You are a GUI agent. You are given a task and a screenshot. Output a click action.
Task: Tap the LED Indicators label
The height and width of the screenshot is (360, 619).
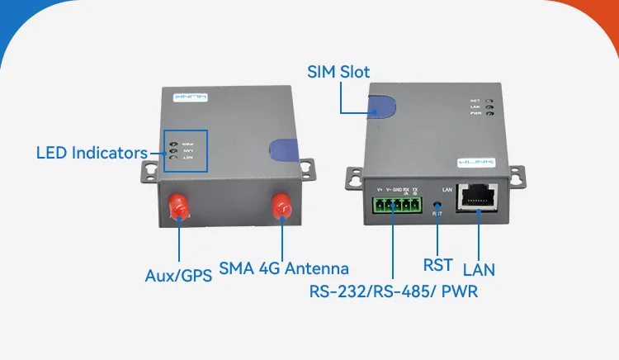tap(92, 153)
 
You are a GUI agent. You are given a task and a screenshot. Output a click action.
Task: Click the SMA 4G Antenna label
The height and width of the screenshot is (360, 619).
tap(283, 268)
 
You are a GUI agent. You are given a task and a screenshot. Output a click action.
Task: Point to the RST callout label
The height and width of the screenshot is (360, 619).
tap(437, 265)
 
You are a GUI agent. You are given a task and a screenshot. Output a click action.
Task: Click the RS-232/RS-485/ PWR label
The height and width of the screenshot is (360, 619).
tap(394, 291)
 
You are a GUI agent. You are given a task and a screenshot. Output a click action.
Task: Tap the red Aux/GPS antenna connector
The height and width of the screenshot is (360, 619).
tap(177, 207)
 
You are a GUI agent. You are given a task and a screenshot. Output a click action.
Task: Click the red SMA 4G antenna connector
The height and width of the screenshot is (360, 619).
tap(281, 207)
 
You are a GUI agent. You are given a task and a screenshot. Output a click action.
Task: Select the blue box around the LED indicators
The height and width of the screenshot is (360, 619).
tap(185, 150)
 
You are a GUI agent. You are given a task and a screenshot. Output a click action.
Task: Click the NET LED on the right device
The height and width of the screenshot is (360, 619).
tap(489, 99)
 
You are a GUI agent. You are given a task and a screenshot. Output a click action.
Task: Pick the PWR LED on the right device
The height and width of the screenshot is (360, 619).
tap(489, 114)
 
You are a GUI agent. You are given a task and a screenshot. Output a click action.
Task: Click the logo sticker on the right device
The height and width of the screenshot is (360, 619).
tap(476, 163)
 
